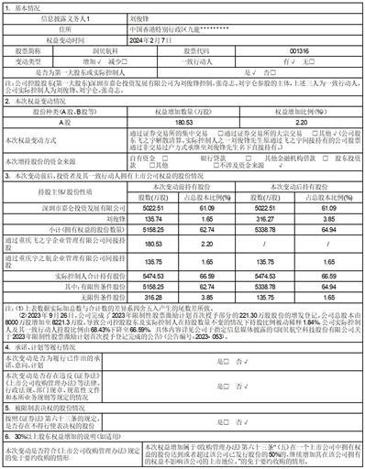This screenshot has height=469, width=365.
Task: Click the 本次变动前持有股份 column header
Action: [x=189, y=206]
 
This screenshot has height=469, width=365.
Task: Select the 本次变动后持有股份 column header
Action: [x=298, y=206]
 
